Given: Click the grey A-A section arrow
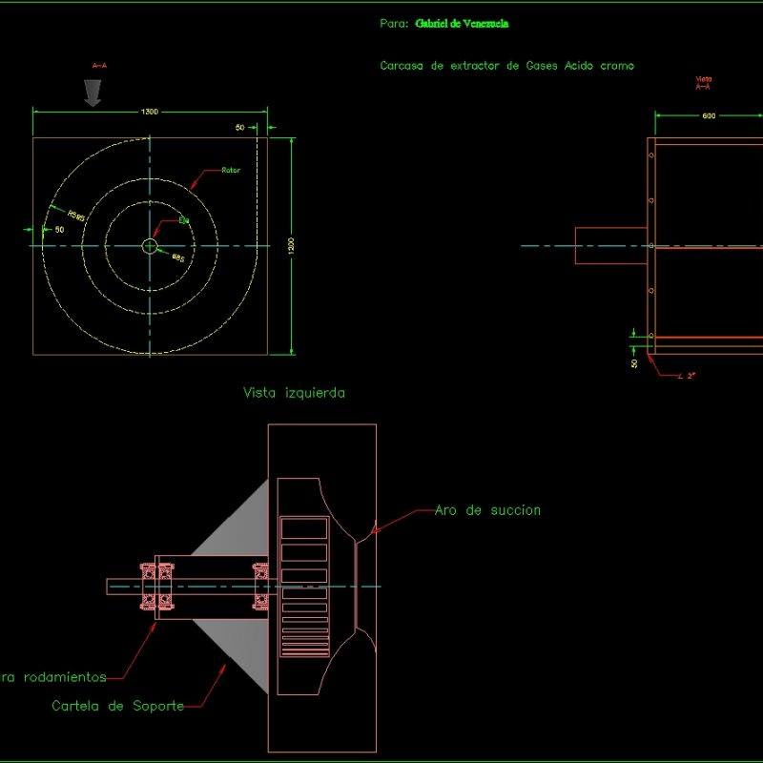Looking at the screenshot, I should [x=93, y=93].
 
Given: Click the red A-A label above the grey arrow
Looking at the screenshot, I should [x=98, y=66].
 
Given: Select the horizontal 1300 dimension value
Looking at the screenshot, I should [x=150, y=112].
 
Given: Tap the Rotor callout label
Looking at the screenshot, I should [x=230, y=171].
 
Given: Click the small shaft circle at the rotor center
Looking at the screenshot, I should [x=150, y=246].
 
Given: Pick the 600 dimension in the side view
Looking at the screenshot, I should [x=709, y=116].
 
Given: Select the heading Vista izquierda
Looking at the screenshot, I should [x=294, y=392].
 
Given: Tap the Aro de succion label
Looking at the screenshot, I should [x=487, y=510].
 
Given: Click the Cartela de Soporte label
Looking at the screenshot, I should [x=116, y=706].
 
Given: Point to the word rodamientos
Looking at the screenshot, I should [x=61, y=677].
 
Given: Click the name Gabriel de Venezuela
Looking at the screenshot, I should [x=462, y=24].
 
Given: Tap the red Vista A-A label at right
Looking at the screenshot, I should [x=704, y=83].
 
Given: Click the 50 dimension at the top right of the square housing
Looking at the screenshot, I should [x=239, y=127].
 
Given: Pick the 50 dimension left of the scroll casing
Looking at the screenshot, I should [x=59, y=230].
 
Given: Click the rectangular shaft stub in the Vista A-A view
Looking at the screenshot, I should [x=610, y=245].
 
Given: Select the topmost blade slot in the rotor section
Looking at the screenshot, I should [x=303, y=527].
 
